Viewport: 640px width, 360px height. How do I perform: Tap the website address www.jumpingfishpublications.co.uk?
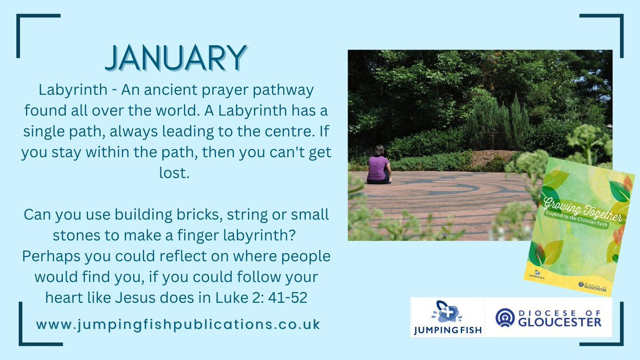(178, 324)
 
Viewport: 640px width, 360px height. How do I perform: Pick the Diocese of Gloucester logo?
(548, 317)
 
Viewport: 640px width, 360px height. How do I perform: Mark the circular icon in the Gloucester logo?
(505, 317)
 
